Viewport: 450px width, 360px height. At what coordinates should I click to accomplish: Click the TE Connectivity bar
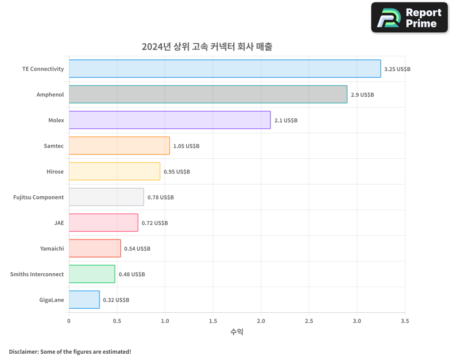coord(225,69)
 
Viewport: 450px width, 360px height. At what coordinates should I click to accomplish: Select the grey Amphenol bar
coord(208,94)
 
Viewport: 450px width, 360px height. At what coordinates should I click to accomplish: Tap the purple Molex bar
coord(170,120)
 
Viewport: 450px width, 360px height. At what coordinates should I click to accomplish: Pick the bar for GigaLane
coord(84,300)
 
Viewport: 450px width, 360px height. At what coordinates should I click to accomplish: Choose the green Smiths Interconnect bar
coord(92,274)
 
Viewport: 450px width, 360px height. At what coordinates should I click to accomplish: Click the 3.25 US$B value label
coord(397,69)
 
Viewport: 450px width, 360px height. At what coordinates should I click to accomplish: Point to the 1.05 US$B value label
coord(186,146)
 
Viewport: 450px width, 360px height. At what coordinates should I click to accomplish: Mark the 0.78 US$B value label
coord(161,198)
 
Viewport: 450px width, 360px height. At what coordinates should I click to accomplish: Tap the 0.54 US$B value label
coord(137,249)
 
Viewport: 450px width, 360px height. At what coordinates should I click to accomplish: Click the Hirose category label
coord(55,172)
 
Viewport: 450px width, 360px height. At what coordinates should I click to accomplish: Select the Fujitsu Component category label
coord(39,198)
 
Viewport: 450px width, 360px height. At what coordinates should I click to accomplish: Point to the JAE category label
coord(59,223)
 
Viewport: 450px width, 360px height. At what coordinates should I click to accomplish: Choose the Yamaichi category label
coord(52,249)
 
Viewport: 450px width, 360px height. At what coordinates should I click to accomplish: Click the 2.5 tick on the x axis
coord(309,321)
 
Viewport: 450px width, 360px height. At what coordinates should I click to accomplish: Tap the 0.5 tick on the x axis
coord(117,321)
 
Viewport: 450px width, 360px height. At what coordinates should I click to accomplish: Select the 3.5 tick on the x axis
coord(405,321)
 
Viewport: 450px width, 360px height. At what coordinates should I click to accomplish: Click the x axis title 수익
coord(237,332)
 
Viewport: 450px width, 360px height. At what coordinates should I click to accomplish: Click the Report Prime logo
coord(409,18)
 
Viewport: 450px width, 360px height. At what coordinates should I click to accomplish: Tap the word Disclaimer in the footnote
coord(23,352)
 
